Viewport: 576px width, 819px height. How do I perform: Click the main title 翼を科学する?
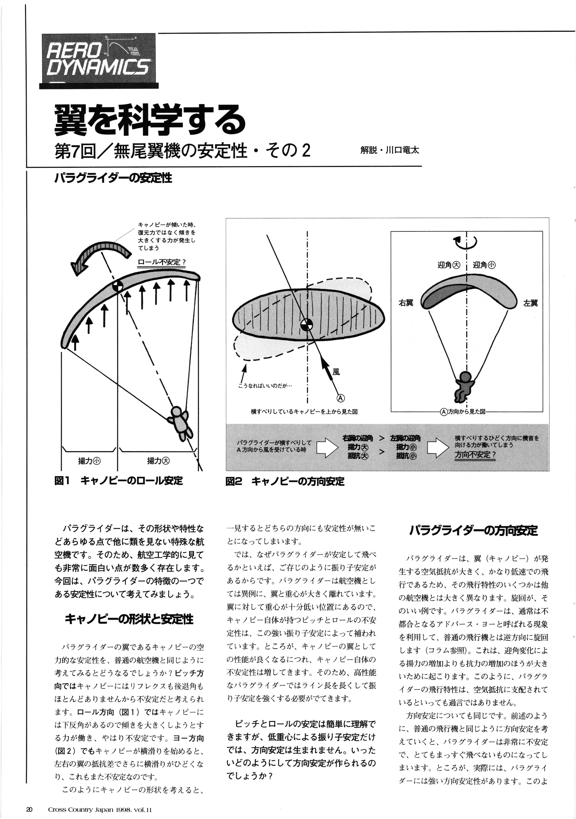[150, 120]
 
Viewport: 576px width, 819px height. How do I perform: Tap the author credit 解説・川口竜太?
[390, 150]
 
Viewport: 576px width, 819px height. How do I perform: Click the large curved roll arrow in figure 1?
[98, 254]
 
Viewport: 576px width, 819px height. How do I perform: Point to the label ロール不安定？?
[162, 262]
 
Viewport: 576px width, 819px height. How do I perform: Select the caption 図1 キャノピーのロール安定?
[118, 481]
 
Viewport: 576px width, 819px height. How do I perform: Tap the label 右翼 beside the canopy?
[406, 303]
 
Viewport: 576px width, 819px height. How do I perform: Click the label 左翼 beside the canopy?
[530, 303]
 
